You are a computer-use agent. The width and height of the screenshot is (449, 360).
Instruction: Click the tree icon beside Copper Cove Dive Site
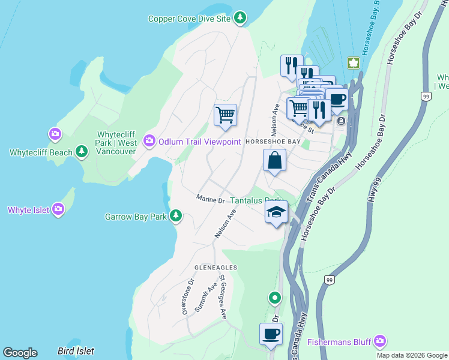tap(240, 18)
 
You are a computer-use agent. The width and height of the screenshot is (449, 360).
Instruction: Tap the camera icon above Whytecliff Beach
tap(56, 133)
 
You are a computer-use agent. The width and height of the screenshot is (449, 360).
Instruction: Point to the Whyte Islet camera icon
tap(58, 209)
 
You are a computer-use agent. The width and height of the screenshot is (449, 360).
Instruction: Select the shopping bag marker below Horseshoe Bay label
tap(274, 161)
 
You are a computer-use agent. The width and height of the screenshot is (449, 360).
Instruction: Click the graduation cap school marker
tap(276, 212)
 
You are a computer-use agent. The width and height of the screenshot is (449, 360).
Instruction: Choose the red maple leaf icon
tap(353, 63)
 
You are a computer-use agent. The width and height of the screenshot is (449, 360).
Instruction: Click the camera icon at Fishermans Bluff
tap(379, 342)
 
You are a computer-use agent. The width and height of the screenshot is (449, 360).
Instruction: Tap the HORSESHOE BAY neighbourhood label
tap(273, 142)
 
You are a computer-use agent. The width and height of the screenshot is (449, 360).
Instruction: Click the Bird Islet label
tap(77, 350)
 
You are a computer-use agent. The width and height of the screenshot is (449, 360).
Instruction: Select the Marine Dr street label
tap(210, 199)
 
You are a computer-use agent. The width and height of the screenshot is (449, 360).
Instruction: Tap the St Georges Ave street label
tap(222, 296)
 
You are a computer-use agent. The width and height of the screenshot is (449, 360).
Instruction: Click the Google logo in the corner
tap(20, 353)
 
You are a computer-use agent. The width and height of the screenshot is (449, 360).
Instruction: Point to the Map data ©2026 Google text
tap(411, 355)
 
